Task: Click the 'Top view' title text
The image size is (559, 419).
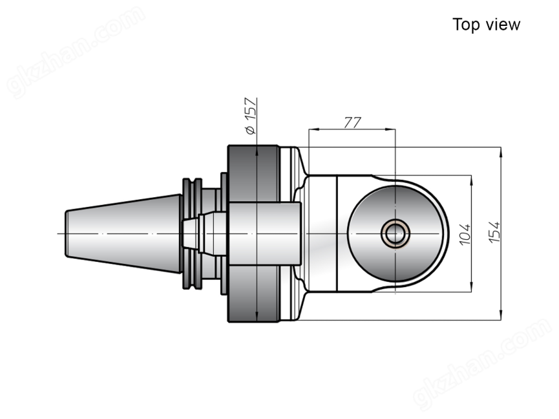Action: tap(486, 25)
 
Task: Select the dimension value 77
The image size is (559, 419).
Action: tap(352, 122)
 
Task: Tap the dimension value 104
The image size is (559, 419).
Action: tap(465, 234)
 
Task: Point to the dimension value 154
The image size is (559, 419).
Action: tap(494, 232)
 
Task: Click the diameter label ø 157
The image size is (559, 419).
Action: tap(251, 116)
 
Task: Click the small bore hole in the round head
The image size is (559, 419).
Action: tap(395, 233)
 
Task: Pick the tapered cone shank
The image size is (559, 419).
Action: tap(123, 233)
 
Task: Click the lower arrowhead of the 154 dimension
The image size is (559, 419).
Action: tap(501, 315)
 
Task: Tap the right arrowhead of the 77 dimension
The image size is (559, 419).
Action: tap(390, 129)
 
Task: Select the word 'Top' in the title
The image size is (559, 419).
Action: tap(465, 25)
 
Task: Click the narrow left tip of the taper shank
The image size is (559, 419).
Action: tap(66, 233)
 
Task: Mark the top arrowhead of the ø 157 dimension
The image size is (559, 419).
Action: tap(257, 151)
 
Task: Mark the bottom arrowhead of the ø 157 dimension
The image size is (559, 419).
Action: tap(257, 316)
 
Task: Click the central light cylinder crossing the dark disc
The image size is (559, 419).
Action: tap(264, 233)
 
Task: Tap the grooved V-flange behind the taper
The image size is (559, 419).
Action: tap(192, 233)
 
